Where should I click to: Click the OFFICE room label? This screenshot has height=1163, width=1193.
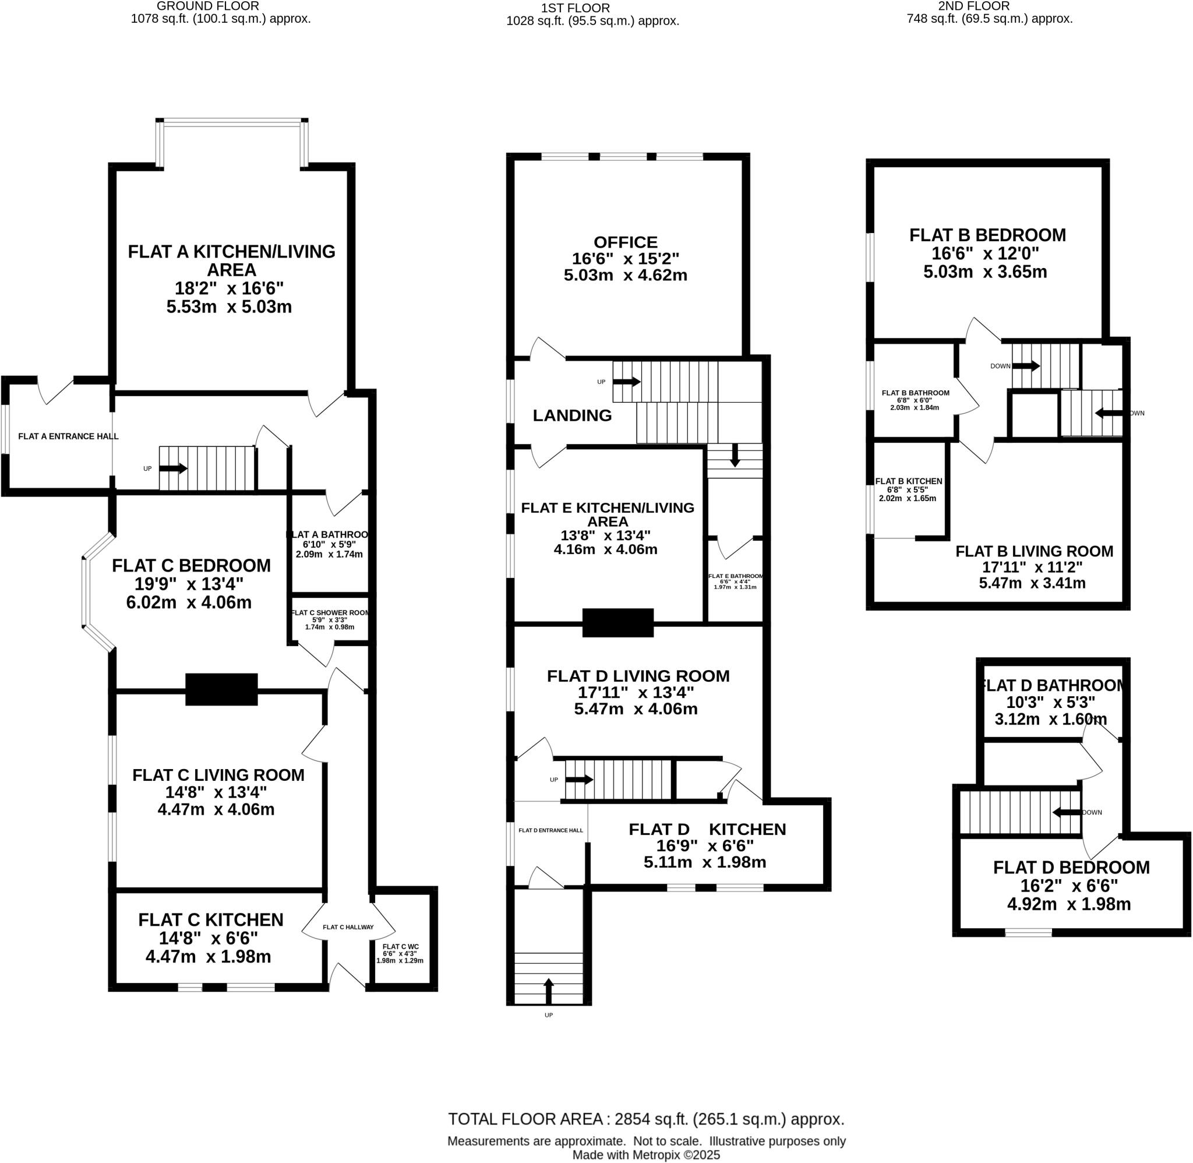click(625, 242)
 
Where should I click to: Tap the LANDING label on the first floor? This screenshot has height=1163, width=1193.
click(572, 415)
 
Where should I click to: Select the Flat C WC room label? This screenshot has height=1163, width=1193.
click(401, 946)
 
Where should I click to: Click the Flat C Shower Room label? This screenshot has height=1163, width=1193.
click(330, 612)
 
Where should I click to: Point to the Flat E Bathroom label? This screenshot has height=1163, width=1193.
click(735, 576)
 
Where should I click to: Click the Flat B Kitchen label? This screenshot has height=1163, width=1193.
click(908, 481)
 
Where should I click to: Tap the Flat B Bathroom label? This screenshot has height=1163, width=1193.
click(915, 393)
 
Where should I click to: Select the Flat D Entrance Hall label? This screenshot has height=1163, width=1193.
click(550, 830)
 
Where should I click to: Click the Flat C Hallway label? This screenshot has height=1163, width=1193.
click(348, 927)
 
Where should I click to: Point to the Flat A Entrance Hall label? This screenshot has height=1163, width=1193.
click(68, 436)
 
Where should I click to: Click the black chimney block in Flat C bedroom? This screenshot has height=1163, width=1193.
click(221, 690)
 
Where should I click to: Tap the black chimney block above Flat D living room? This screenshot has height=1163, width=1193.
click(618, 622)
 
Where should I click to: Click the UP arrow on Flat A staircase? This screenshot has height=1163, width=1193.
click(174, 468)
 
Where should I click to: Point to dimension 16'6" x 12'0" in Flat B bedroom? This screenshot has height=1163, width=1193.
click(985, 253)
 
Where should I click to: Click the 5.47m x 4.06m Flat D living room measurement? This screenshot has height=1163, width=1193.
click(636, 709)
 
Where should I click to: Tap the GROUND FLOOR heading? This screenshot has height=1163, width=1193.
click(207, 6)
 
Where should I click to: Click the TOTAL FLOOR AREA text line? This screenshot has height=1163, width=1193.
click(646, 1119)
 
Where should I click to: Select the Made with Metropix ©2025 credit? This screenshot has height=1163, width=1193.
click(646, 1155)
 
